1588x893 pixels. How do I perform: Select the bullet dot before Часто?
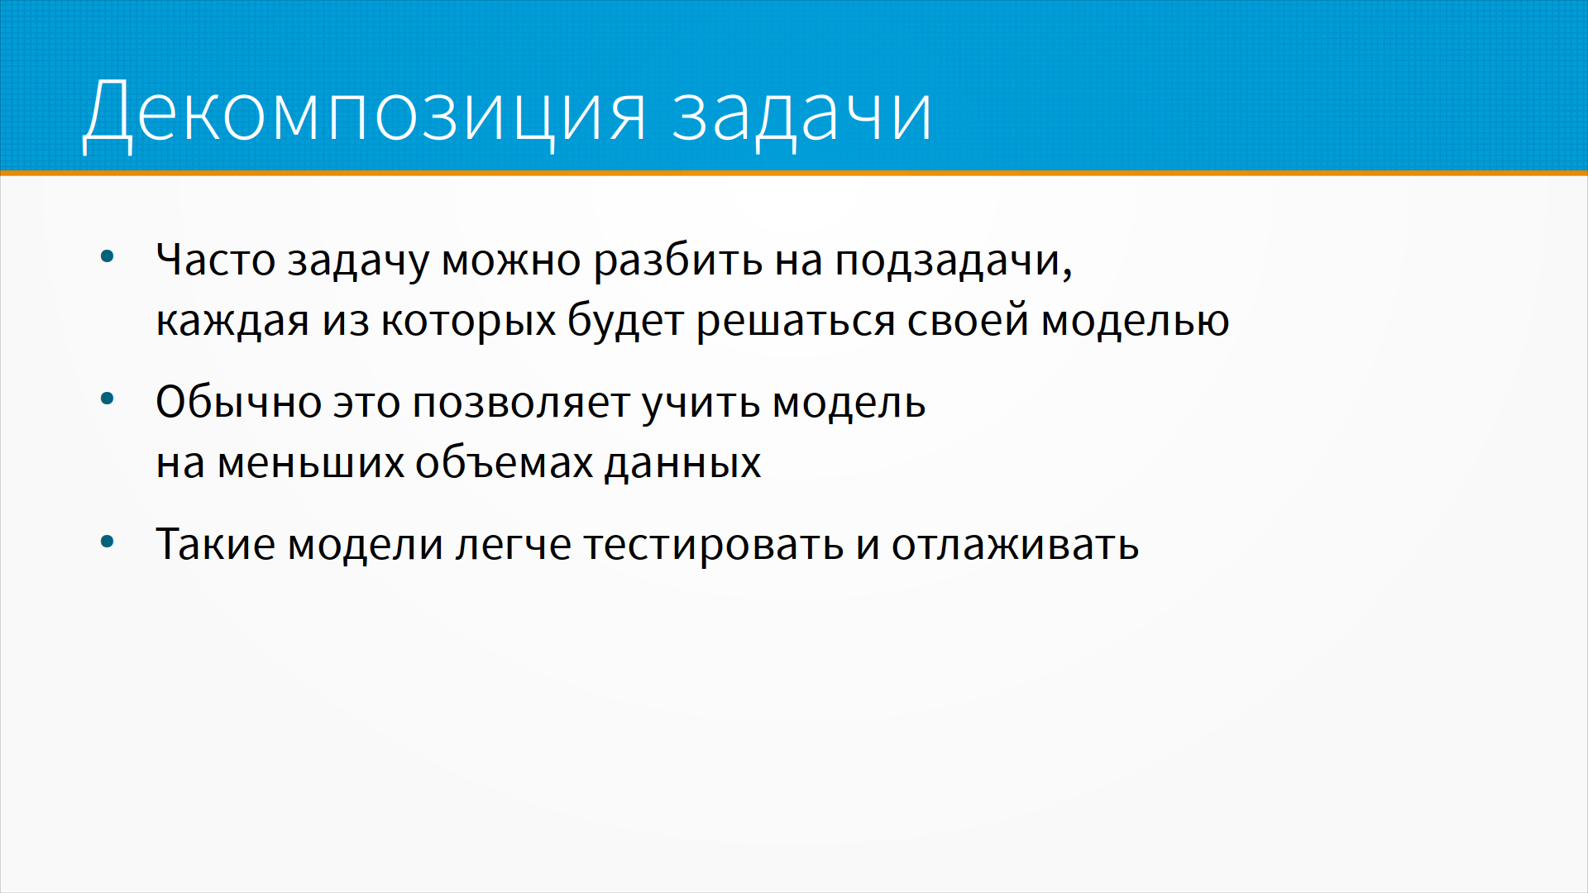pyautogui.click(x=107, y=256)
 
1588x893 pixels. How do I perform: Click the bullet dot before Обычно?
pyautogui.click(x=107, y=399)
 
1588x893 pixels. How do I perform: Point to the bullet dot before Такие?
pyautogui.click(x=107, y=542)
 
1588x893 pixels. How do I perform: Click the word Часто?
pyautogui.click(x=216, y=260)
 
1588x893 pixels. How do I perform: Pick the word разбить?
pyautogui.click(x=678, y=261)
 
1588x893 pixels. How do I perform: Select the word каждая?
pyautogui.click(x=232, y=321)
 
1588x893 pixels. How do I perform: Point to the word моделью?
pyautogui.click(x=1135, y=321)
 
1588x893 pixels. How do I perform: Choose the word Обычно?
pyautogui.click(x=238, y=402)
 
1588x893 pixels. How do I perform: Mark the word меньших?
pyautogui.click(x=310, y=463)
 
